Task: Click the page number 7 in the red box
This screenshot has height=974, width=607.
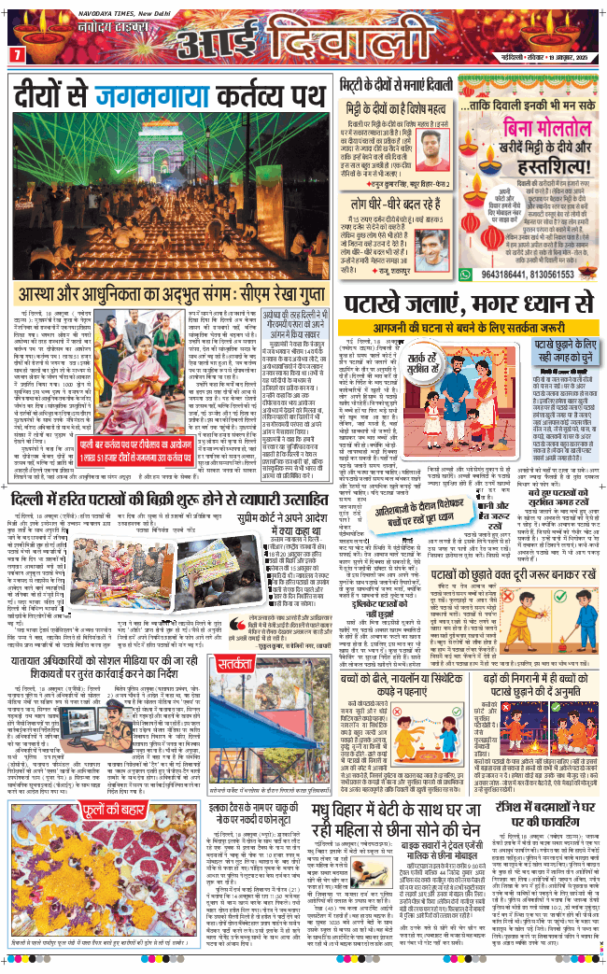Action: [16, 56]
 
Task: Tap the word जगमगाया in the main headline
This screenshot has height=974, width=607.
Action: [154, 94]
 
